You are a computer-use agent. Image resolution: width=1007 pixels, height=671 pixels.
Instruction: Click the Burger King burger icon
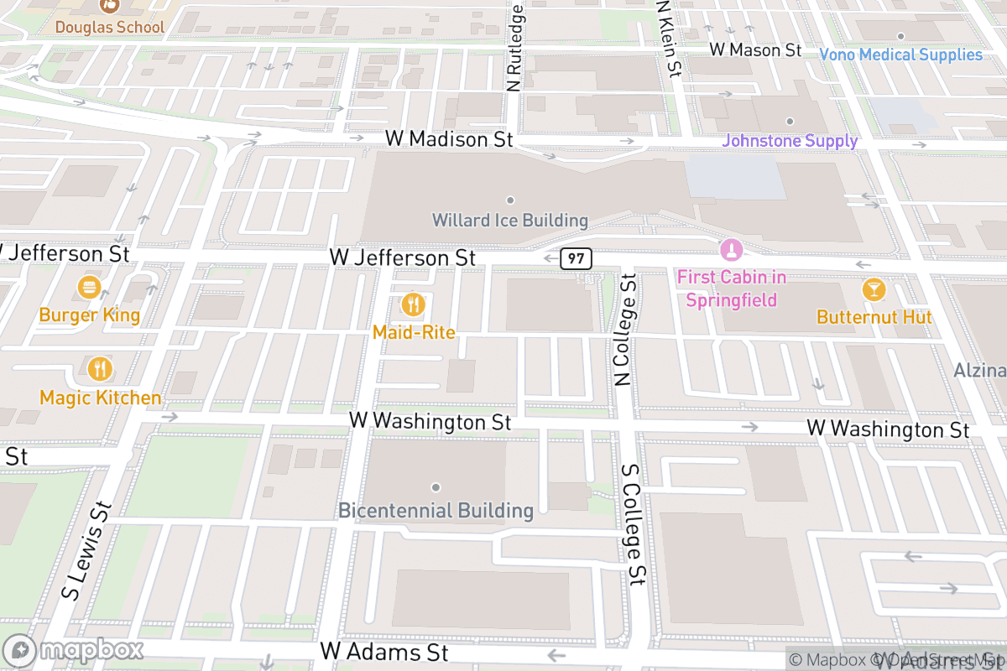click(89, 289)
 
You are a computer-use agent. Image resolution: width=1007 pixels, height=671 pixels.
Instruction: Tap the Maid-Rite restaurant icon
click(413, 304)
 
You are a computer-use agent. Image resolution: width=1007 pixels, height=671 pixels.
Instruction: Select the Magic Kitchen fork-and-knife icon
click(100, 369)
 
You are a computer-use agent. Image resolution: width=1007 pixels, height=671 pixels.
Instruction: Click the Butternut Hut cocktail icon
click(874, 290)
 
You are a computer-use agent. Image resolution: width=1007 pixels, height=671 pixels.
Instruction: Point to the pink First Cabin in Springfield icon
click(731, 250)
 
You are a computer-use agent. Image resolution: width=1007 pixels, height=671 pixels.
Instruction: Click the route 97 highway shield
click(576, 258)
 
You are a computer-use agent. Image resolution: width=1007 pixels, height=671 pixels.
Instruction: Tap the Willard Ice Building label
click(509, 221)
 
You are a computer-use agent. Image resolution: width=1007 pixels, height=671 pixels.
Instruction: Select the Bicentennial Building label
click(436, 510)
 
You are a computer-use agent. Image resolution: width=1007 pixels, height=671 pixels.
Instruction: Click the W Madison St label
click(448, 139)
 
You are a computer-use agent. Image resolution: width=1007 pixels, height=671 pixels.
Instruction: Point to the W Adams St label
click(384, 652)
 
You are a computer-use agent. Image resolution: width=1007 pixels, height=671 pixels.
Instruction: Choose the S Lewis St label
click(86, 549)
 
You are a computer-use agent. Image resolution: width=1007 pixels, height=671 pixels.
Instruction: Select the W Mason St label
click(755, 50)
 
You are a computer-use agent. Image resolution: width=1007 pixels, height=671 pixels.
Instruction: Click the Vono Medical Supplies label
click(900, 55)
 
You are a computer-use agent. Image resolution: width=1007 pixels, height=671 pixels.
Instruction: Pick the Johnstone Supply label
click(790, 141)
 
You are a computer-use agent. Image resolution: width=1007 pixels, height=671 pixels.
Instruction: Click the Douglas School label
click(110, 27)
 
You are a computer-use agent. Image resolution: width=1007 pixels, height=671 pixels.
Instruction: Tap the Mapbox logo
click(74, 650)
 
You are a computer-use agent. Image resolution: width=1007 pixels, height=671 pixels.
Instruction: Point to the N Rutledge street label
click(515, 47)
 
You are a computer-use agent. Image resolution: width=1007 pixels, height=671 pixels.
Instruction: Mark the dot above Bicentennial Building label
click(436, 487)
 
